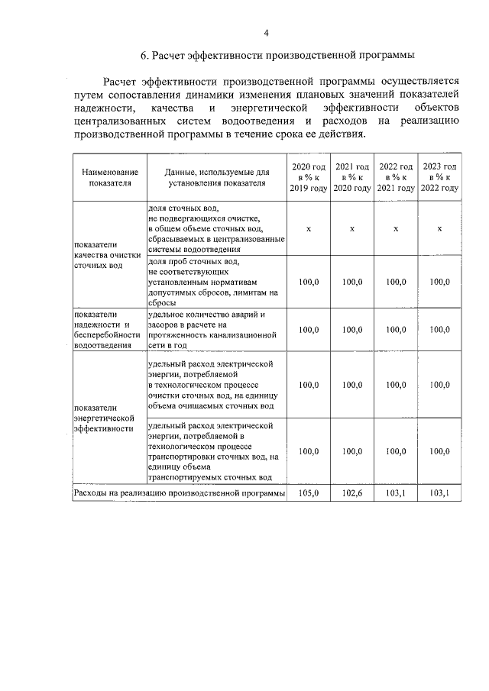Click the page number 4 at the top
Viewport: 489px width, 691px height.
pyautogui.click(x=267, y=32)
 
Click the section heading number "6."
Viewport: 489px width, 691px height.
pyautogui.click(x=145, y=56)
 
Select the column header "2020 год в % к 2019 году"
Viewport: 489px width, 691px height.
pyautogui.click(x=308, y=177)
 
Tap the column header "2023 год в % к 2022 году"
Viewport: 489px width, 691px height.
pyautogui.click(x=440, y=177)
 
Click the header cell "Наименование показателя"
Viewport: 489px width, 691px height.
pyautogui.click(x=110, y=177)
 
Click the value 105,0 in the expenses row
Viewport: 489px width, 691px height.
pyautogui.click(x=308, y=494)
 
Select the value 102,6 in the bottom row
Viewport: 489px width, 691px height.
pyautogui.click(x=352, y=494)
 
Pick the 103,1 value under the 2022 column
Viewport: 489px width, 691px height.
pyautogui.click(x=396, y=494)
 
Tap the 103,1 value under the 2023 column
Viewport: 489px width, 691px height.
pyautogui.click(x=440, y=494)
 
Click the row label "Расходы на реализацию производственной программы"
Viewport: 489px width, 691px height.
pyautogui.click(x=179, y=494)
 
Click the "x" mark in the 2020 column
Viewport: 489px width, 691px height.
pyautogui.click(x=308, y=229)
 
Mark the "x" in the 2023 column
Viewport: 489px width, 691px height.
pyautogui.click(x=440, y=229)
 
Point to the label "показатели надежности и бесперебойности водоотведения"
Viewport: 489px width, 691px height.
pyautogui.click(x=107, y=330)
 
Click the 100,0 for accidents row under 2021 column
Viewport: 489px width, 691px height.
pyautogui.click(x=352, y=330)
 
